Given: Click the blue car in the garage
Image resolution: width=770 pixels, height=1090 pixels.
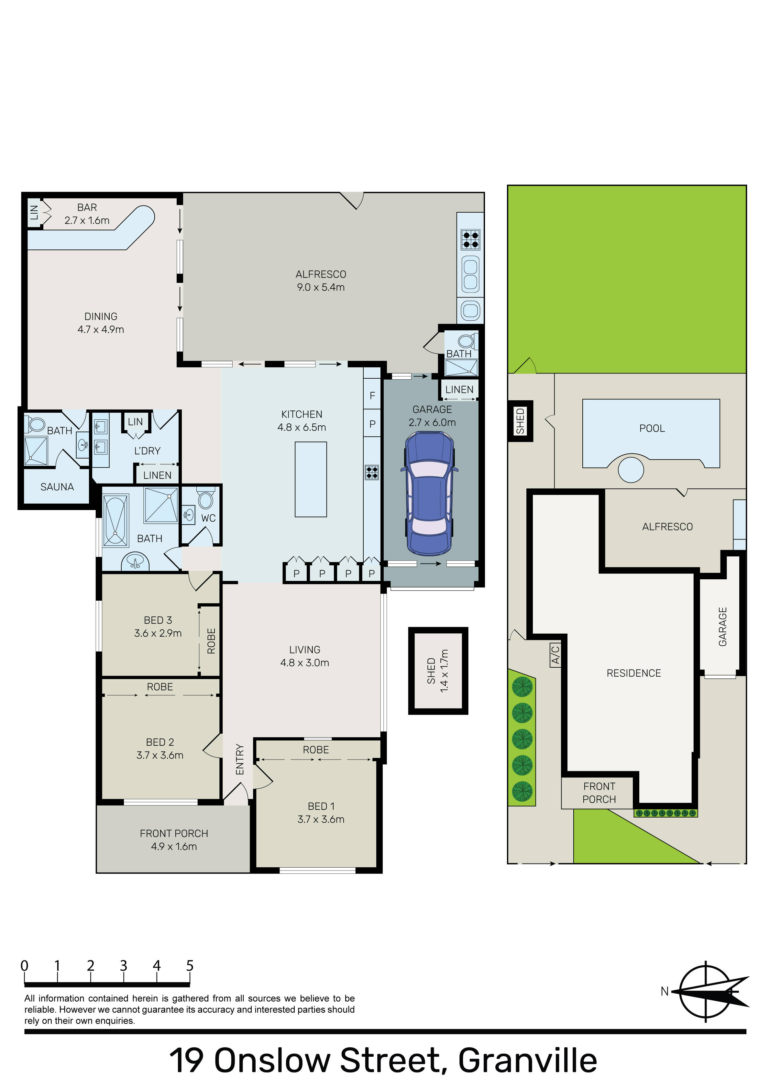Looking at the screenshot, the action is pos(429,494).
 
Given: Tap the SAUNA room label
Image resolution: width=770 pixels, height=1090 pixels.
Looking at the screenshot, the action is pos(57,487).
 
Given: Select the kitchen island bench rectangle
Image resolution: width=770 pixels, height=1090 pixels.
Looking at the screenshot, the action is pos(311,479).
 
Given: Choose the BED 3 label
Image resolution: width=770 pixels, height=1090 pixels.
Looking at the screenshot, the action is pos(158,620).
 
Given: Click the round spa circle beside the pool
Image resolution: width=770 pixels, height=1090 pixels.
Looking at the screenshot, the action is pos(631,470).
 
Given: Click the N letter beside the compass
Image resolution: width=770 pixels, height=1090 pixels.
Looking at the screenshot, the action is pos(665,991).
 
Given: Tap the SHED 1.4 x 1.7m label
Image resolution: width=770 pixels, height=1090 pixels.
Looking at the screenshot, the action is pos(438,671).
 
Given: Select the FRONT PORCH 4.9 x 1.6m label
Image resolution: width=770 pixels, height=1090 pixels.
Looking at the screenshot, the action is pos(174,840).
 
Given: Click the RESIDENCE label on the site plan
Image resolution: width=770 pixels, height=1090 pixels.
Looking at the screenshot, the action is pos(634,673).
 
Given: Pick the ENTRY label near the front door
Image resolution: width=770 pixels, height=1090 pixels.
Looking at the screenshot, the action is pos(240,760).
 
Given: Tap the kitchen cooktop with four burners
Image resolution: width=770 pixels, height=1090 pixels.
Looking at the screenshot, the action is pos(372,472).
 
